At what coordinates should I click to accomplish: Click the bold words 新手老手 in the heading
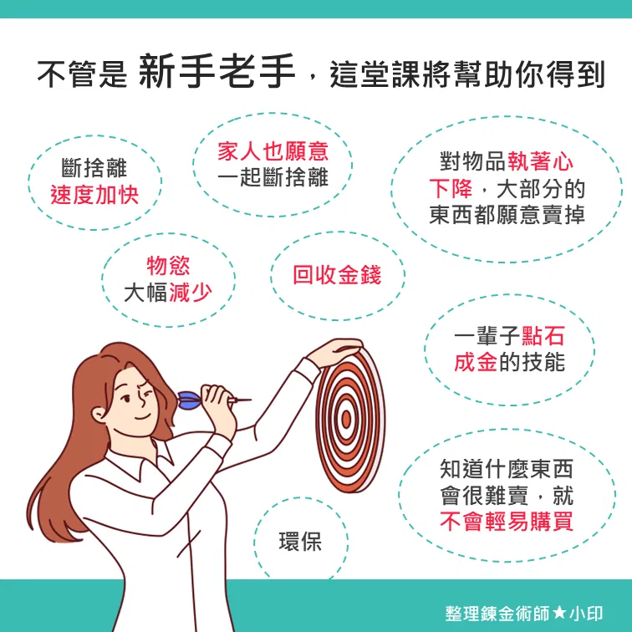pyautogui.click(x=217, y=72)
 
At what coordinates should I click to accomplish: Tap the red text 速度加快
pyautogui.click(x=94, y=195)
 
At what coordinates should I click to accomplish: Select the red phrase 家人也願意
pyautogui.click(x=273, y=151)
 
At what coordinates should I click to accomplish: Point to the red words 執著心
pyautogui.click(x=540, y=161)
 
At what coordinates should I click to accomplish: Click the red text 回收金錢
pyautogui.click(x=337, y=275)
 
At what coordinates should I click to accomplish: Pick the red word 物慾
pyautogui.click(x=168, y=266)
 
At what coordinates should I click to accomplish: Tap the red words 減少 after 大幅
pyautogui.click(x=191, y=293)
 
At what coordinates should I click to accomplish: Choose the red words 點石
pyautogui.click(x=543, y=336)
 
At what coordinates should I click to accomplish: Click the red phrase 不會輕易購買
pyautogui.click(x=507, y=522)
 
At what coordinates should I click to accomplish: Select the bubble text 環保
pyautogui.click(x=300, y=542)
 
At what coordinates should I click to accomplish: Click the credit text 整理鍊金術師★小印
pyautogui.click(x=524, y=614)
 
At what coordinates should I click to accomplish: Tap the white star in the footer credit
pyautogui.click(x=559, y=614)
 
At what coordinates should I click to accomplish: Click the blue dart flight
pyautogui.click(x=189, y=400)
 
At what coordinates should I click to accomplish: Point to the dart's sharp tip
pyautogui.click(x=251, y=400)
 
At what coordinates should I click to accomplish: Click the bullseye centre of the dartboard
pyautogui.click(x=346, y=419)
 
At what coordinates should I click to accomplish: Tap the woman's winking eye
pyautogui.click(x=146, y=393)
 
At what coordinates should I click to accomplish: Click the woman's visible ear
pyautogui.click(x=99, y=415)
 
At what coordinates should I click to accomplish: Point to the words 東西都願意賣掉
pyautogui.click(x=507, y=214)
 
